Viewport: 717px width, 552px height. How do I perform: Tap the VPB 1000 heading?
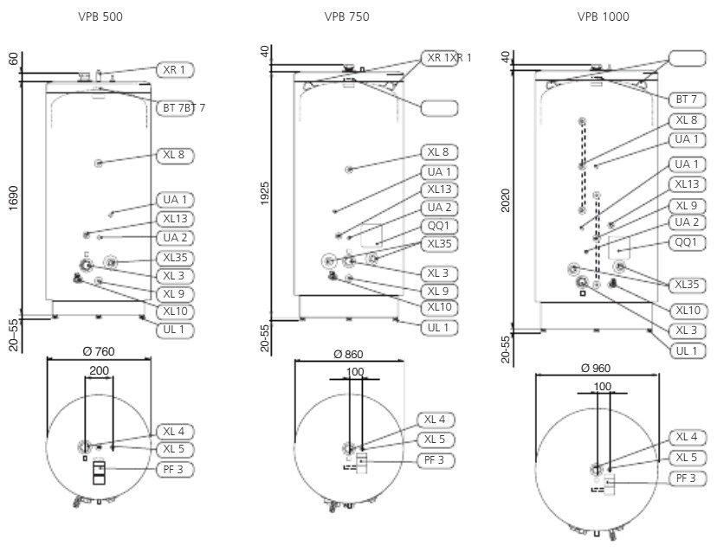[x=604, y=16]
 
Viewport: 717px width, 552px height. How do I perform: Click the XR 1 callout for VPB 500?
[x=176, y=69]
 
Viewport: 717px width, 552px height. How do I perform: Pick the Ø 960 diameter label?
[x=602, y=367]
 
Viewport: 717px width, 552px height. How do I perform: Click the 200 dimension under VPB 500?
[x=100, y=369]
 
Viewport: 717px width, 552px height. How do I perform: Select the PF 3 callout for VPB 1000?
[x=687, y=478]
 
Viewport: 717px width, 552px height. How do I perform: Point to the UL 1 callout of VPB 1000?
[x=687, y=350]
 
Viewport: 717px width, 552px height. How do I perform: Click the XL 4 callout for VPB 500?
[x=174, y=431]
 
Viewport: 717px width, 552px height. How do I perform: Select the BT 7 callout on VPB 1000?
[x=687, y=100]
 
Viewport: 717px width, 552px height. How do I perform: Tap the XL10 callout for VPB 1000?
[x=687, y=311]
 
